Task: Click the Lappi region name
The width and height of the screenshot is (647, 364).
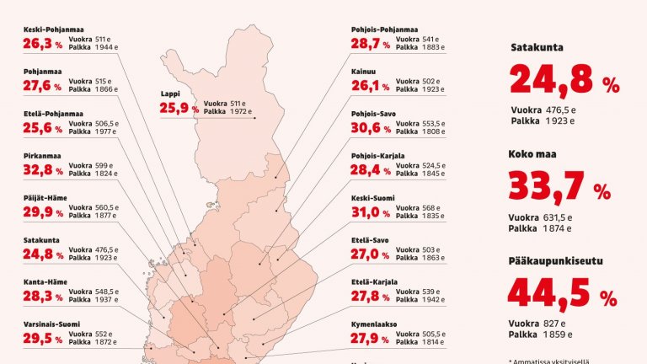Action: [172, 94]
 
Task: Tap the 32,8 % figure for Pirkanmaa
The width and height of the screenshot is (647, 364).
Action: [43, 170]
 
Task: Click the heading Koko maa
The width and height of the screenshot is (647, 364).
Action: [534, 154]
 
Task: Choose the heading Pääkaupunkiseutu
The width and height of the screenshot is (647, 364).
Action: [554, 261]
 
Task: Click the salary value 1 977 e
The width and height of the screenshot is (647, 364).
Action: [107, 131]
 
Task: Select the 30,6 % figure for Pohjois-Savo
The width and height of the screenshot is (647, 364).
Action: [371, 129]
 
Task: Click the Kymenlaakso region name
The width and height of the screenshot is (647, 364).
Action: [374, 324]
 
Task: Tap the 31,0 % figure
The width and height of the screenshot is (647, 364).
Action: [371, 213]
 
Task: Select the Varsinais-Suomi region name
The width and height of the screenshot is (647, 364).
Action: [51, 324]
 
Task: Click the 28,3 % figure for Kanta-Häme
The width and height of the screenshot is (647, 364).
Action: [43, 297]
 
